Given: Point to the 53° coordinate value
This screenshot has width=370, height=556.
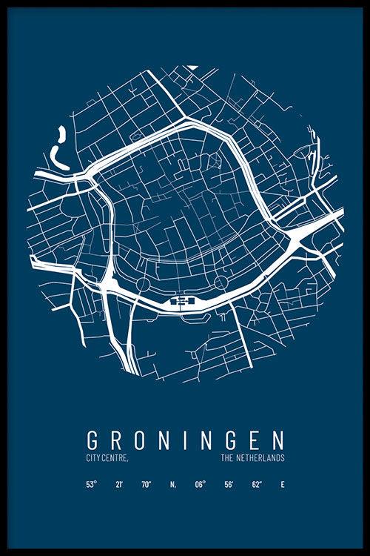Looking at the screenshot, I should (x=91, y=486).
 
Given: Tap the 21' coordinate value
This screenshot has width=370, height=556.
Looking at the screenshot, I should (x=118, y=486).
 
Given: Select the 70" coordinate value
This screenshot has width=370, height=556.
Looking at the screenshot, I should (x=146, y=486).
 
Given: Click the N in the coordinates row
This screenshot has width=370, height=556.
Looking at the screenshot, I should (x=172, y=486).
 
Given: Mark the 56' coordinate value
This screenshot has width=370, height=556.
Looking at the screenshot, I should (x=229, y=486).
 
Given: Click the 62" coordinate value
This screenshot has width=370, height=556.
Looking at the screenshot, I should (x=256, y=486).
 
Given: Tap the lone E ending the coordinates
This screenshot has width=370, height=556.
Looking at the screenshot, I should (x=282, y=486).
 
